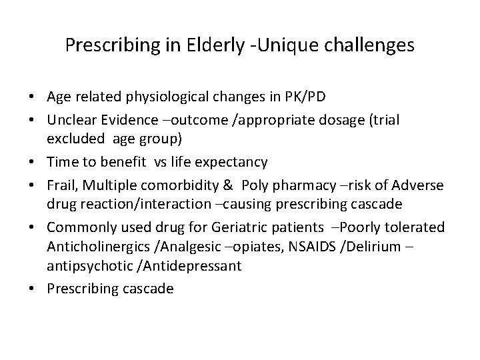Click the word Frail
[60, 185]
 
